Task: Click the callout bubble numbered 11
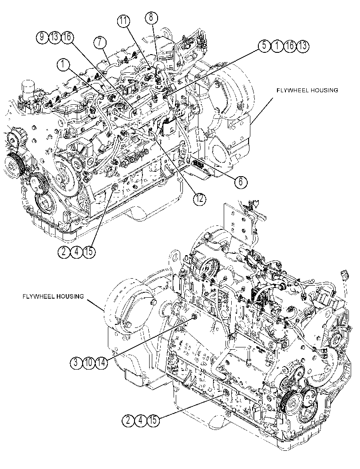point(123,21)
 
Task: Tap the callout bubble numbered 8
point(151,17)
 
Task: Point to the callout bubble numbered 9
point(42,37)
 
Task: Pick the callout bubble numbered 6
point(241,181)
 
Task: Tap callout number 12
point(199,198)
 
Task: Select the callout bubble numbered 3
point(76,363)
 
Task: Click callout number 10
point(89,363)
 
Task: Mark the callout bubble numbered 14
point(101,363)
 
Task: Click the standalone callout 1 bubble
point(63,64)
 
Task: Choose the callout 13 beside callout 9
point(55,37)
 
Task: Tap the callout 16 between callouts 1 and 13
point(290,46)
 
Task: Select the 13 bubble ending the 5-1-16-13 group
point(302,46)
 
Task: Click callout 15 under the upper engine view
point(89,252)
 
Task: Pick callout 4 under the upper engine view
point(76,252)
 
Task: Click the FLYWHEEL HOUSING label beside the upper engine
point(307,90)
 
